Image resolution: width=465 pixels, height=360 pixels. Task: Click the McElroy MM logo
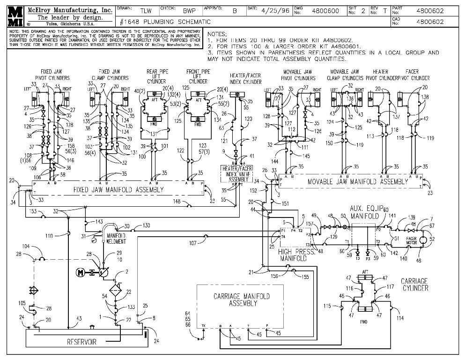click(15, 16)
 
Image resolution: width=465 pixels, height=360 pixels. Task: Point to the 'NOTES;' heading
click(217, 34)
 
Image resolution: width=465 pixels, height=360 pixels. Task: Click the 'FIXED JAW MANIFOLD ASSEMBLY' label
click(118, 190)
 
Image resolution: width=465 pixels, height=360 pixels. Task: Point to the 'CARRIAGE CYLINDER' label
click(414, 285)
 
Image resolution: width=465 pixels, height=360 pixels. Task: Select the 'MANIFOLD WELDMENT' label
click(116, 238)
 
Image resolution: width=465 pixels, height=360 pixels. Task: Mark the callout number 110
click(49, 236)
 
